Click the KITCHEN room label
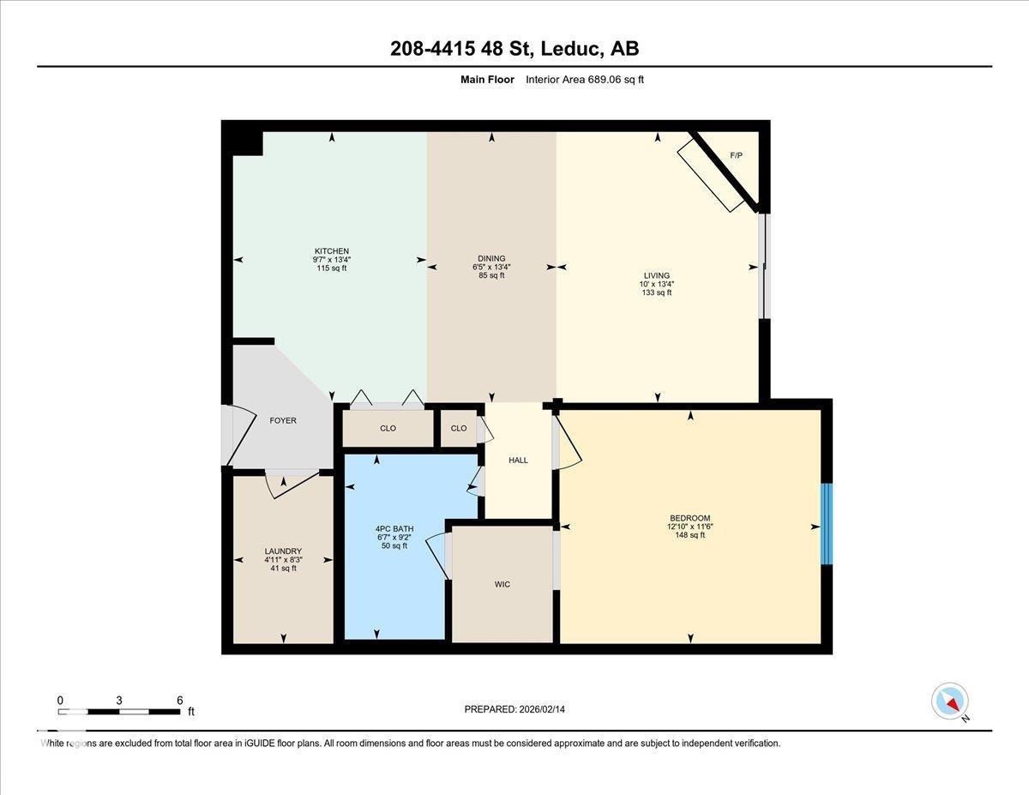[331, 251]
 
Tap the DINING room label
[491, 258]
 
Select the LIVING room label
[657, 275]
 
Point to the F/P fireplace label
[736, 155]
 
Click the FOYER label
[283, 420]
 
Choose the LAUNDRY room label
[283, 551]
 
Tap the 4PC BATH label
[394, 528]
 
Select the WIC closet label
[502, 584]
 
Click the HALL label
[518, 461]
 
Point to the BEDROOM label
[690, 518]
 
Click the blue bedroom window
[827, 524]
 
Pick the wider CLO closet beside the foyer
[388, 428]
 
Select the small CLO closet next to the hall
[459, 428]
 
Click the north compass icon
[950, 701]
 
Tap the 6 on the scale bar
[180, 700]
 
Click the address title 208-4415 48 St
[514, 49]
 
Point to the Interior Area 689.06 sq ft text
[584, 80]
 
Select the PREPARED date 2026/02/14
[514, 709]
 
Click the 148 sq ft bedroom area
[690, 535]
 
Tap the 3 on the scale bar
[119, 700]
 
